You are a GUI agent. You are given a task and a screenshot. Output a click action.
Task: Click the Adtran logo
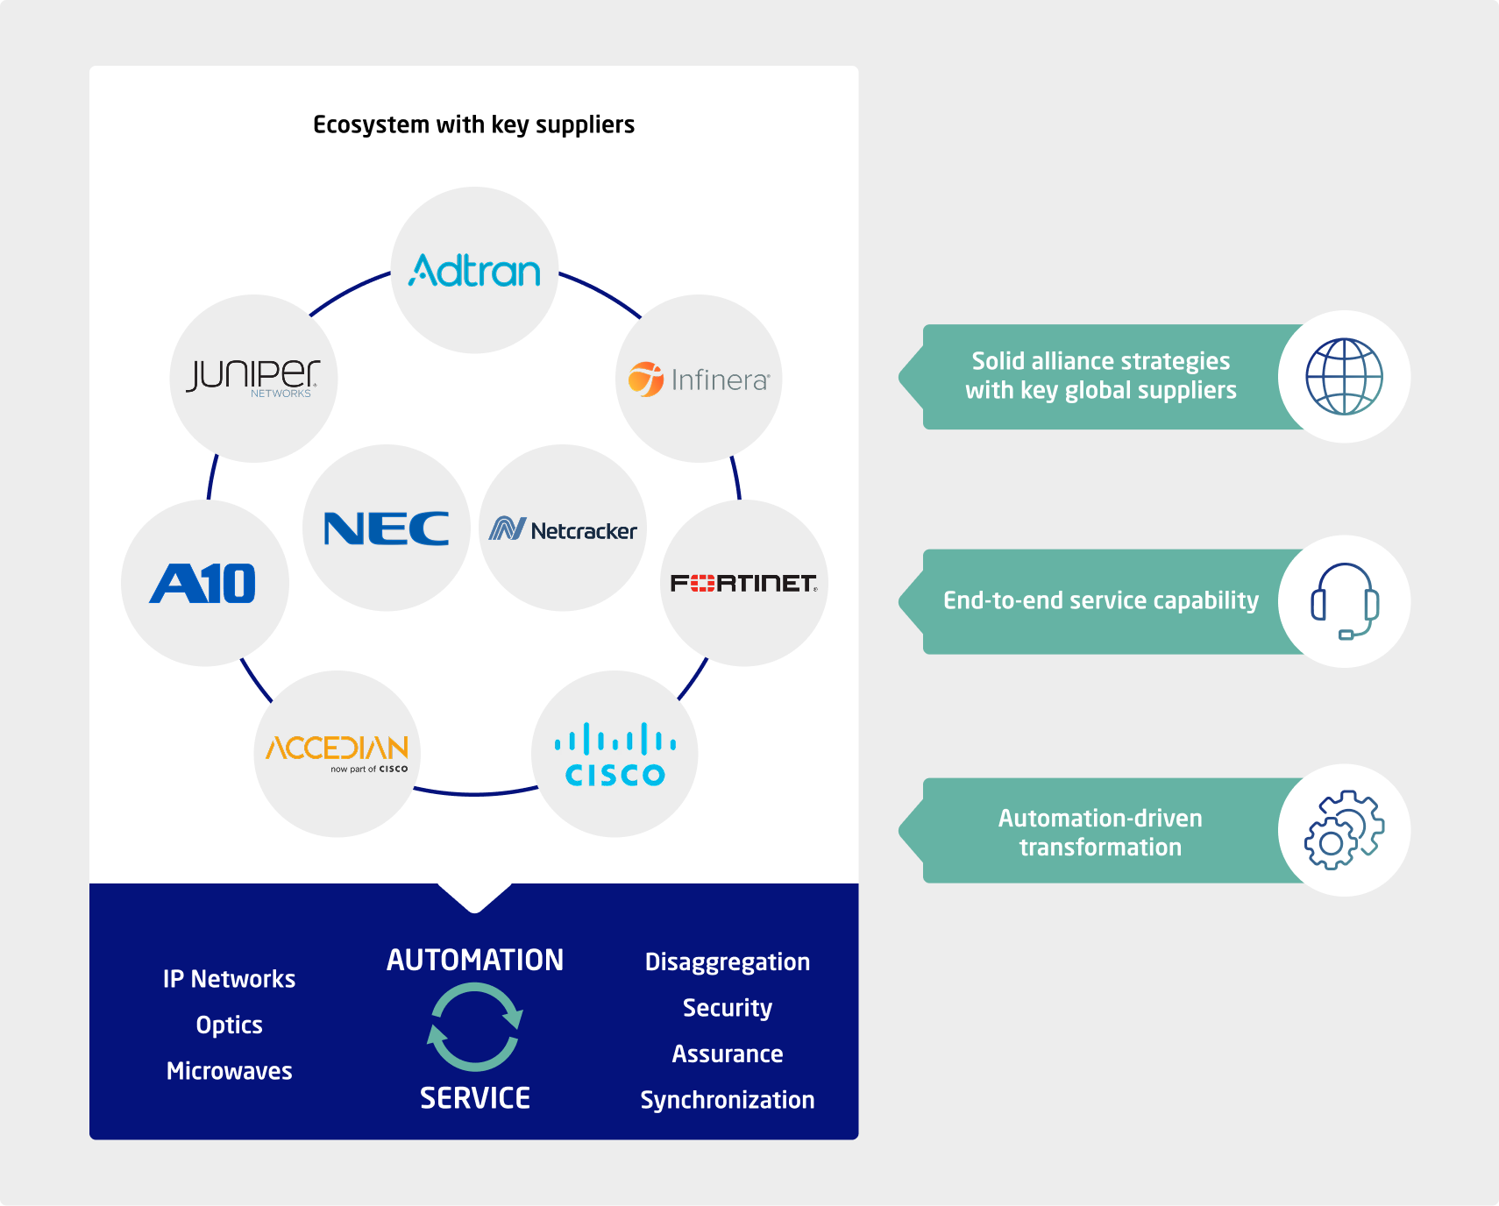[474, 271]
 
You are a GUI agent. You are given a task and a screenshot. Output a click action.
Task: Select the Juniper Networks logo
[253, 378]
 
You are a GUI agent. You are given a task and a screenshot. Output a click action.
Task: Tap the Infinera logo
[699, 380]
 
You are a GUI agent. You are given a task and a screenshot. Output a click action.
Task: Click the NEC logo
[387, 529]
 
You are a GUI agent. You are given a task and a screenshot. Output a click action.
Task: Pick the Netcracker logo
[563, 529]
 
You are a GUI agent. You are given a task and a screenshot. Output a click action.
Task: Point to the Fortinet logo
[743, 584]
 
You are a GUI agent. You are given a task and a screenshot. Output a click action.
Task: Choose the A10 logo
[203, 584]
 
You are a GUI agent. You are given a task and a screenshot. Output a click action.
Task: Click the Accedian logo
[337, 752]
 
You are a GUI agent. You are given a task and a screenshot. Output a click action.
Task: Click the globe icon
[1344, 377]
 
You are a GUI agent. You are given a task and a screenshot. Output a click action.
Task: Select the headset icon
[1344, 601]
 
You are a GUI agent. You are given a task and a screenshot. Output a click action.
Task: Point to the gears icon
[1344, 830]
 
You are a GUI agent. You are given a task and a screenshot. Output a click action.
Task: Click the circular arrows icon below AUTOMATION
[475, 1027]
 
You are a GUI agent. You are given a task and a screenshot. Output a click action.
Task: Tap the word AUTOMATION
[475, 961]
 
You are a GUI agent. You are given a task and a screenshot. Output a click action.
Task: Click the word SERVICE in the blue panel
[475, 1098]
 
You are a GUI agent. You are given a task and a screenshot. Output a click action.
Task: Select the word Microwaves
[230, 1071]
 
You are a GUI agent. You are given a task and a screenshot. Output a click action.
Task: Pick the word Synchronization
[728, 1100]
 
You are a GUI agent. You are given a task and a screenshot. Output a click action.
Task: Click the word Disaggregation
[728, 962]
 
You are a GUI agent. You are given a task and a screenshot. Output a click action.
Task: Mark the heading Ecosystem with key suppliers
[473, 125]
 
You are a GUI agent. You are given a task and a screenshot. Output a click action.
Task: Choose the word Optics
[230, 1025]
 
